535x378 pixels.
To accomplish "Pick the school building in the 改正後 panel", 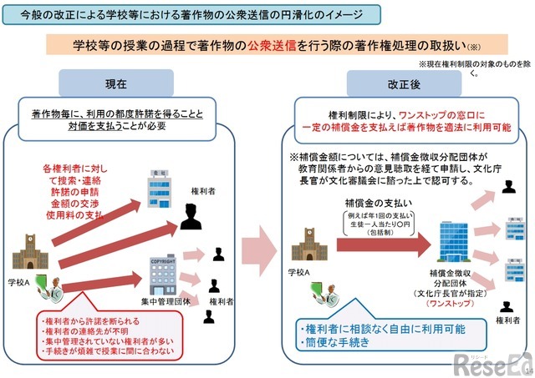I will coord(308,244).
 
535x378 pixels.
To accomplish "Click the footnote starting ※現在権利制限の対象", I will coord(472,64).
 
